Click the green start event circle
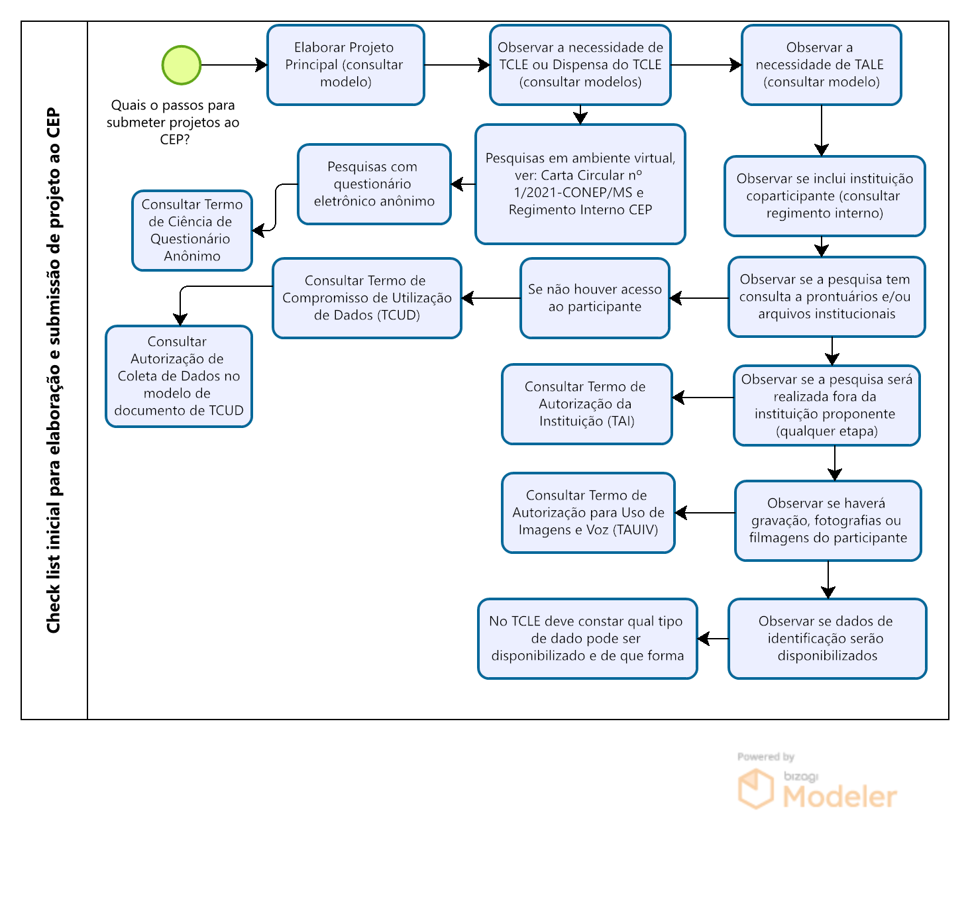(x=181, y=65)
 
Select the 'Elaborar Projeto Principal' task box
(x=345, y=65)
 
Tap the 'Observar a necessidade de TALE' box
(x=821, y=65)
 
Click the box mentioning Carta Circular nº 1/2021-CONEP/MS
(x=580, y=184)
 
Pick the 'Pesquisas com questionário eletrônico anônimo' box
(x=374, y=184)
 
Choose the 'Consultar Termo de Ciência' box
(x=192, y=230)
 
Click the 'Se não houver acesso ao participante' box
(x=594, y=298)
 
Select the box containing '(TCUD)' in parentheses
(x=367, y=298)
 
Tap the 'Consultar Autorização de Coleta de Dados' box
(x=179, y=376)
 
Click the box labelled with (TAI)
(x=586, y=404)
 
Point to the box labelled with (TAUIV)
(x=588, y=512)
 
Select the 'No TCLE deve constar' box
(x=587, y=639)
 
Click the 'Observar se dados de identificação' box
(x=827, y=639)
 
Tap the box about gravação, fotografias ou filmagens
(x=828, y=521)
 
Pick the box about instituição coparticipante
(x=824, y=196)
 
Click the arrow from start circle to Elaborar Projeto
(x=234, y=65)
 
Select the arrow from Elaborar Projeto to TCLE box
(x=457, y=65)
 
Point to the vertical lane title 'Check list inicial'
(x=53, y=370)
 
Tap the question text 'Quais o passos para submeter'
(x=174, y=122)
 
